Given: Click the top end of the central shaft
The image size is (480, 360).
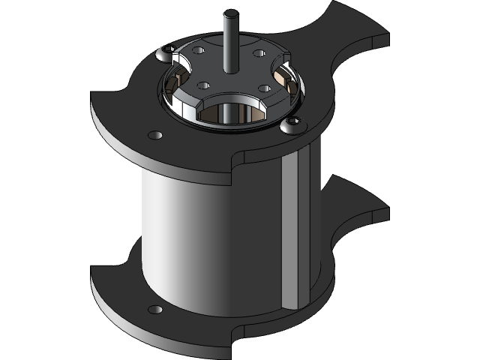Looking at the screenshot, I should [x=230, y=13].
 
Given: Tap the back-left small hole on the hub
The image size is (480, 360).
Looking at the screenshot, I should [x=198, y=50].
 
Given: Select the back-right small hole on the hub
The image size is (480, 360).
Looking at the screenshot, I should [x=258, y=54].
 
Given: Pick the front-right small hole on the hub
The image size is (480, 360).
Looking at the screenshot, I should [x=264, y=88].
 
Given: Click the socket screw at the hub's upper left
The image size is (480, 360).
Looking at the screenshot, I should [x=168, y=50].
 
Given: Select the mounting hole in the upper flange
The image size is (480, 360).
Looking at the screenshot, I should [x=156, y=135].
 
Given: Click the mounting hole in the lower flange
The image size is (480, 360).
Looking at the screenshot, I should [x=155, y=310].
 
